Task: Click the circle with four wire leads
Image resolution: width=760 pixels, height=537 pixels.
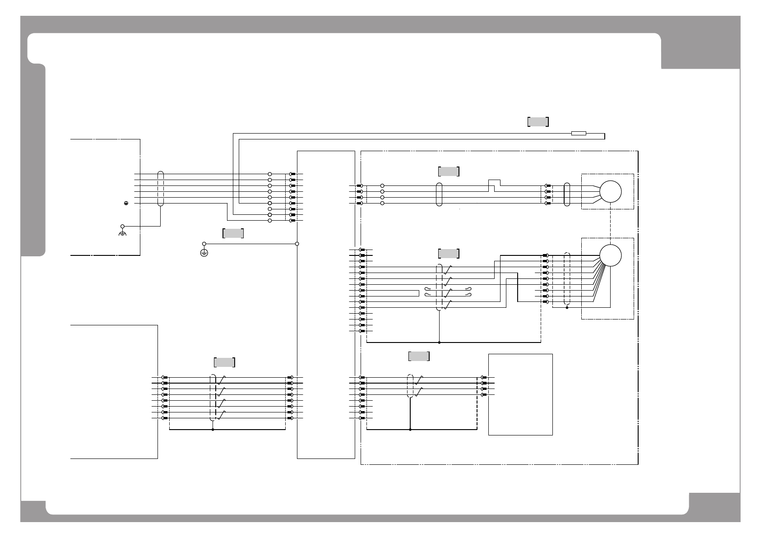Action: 610,191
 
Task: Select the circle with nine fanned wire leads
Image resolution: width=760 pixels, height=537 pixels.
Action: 610,255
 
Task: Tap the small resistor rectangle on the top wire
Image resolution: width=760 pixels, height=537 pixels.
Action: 579,133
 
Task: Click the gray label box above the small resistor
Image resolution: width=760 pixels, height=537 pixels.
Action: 538,121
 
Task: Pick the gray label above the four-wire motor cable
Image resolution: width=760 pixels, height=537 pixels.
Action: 449,171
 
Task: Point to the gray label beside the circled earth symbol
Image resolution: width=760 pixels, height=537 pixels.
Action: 233,233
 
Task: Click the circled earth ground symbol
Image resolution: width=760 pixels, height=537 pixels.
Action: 204,253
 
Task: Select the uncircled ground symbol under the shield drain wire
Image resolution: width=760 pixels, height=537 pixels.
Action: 122,233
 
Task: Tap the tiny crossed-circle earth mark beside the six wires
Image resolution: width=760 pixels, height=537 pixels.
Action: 127,204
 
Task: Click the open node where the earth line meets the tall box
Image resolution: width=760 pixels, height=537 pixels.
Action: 297,244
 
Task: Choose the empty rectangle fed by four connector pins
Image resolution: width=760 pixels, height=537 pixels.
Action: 520,394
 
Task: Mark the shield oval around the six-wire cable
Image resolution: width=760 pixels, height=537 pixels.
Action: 161,189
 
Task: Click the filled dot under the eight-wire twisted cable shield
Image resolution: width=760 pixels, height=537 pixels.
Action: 213,430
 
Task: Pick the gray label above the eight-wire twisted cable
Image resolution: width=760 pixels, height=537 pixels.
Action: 224,362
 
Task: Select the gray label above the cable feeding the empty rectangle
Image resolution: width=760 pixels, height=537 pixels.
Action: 419,356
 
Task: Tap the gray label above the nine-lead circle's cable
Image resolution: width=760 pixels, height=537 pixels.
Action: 449,253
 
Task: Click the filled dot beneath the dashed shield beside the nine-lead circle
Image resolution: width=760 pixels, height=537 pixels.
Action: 567,308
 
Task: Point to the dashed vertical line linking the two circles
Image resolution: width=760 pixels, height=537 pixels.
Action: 610,223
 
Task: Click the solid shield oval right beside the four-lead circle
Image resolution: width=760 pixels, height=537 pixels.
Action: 567,194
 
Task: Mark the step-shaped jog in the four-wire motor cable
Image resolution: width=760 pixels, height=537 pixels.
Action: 495,185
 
